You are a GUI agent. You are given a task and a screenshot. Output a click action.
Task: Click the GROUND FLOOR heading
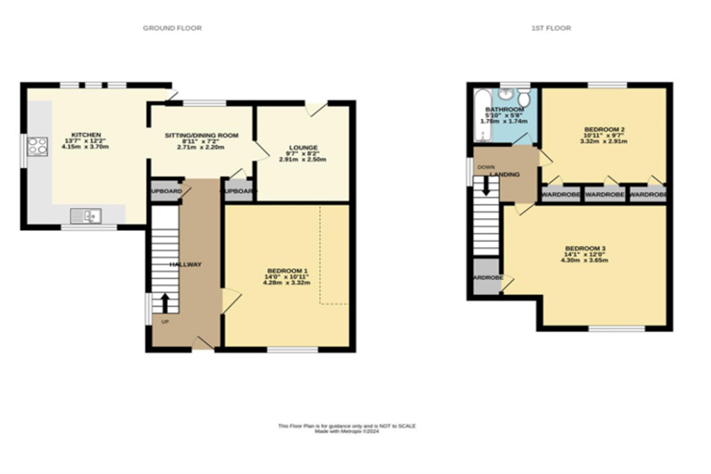172,28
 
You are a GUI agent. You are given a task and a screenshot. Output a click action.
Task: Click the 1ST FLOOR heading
551,28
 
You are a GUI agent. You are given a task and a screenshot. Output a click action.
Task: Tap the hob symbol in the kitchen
37,147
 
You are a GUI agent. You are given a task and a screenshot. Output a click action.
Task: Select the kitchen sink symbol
86,216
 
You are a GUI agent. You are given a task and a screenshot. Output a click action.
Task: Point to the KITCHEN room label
86,135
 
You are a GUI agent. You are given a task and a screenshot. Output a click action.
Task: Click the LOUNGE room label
303,148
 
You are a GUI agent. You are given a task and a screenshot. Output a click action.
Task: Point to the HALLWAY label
186,264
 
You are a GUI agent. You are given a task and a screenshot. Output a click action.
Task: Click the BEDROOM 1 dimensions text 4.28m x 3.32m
286,283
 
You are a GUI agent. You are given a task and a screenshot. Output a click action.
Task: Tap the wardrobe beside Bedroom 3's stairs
487,277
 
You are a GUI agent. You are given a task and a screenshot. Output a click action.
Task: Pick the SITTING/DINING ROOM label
201,136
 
